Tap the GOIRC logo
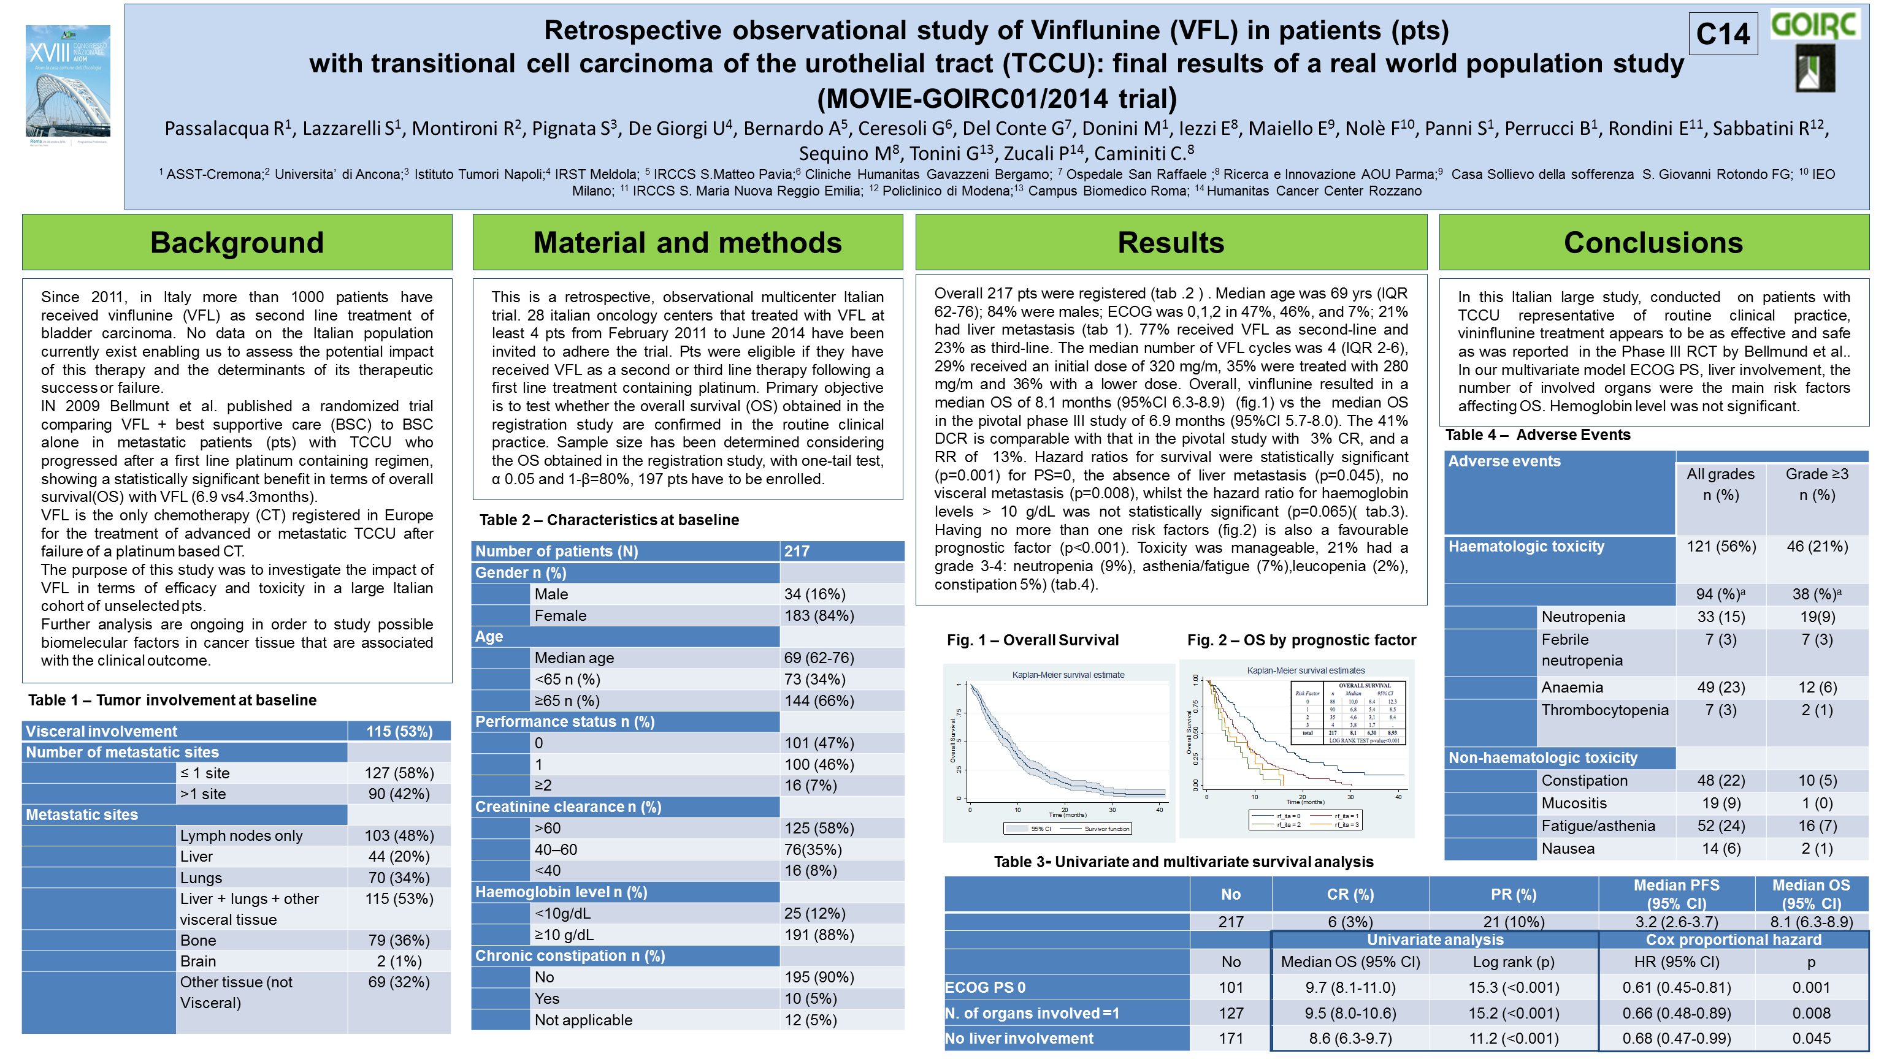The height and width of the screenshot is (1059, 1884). [1815, 25]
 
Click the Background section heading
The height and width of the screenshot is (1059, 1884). [237, 243]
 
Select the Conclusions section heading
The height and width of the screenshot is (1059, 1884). [1653, 243]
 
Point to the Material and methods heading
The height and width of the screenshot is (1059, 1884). [687, 243]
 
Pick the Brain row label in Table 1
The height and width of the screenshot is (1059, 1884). [198, 961]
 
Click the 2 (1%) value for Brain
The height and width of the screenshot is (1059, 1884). [399, 961]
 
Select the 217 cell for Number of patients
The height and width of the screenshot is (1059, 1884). [797, 551]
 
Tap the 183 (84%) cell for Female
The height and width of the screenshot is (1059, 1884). [819, 615]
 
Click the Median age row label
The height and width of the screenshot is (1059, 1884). [574, 658]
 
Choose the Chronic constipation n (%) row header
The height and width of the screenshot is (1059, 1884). [570, 956]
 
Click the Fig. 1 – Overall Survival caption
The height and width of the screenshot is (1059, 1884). [1033, 640]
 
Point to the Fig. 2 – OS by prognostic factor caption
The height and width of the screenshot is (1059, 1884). [1301, 640]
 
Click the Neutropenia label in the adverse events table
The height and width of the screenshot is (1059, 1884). [1583, 617]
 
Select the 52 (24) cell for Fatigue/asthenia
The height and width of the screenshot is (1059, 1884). [1721, 826]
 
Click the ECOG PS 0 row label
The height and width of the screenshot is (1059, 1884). [985, 987]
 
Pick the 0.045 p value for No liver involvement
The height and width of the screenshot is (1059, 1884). [1812, 1039]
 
